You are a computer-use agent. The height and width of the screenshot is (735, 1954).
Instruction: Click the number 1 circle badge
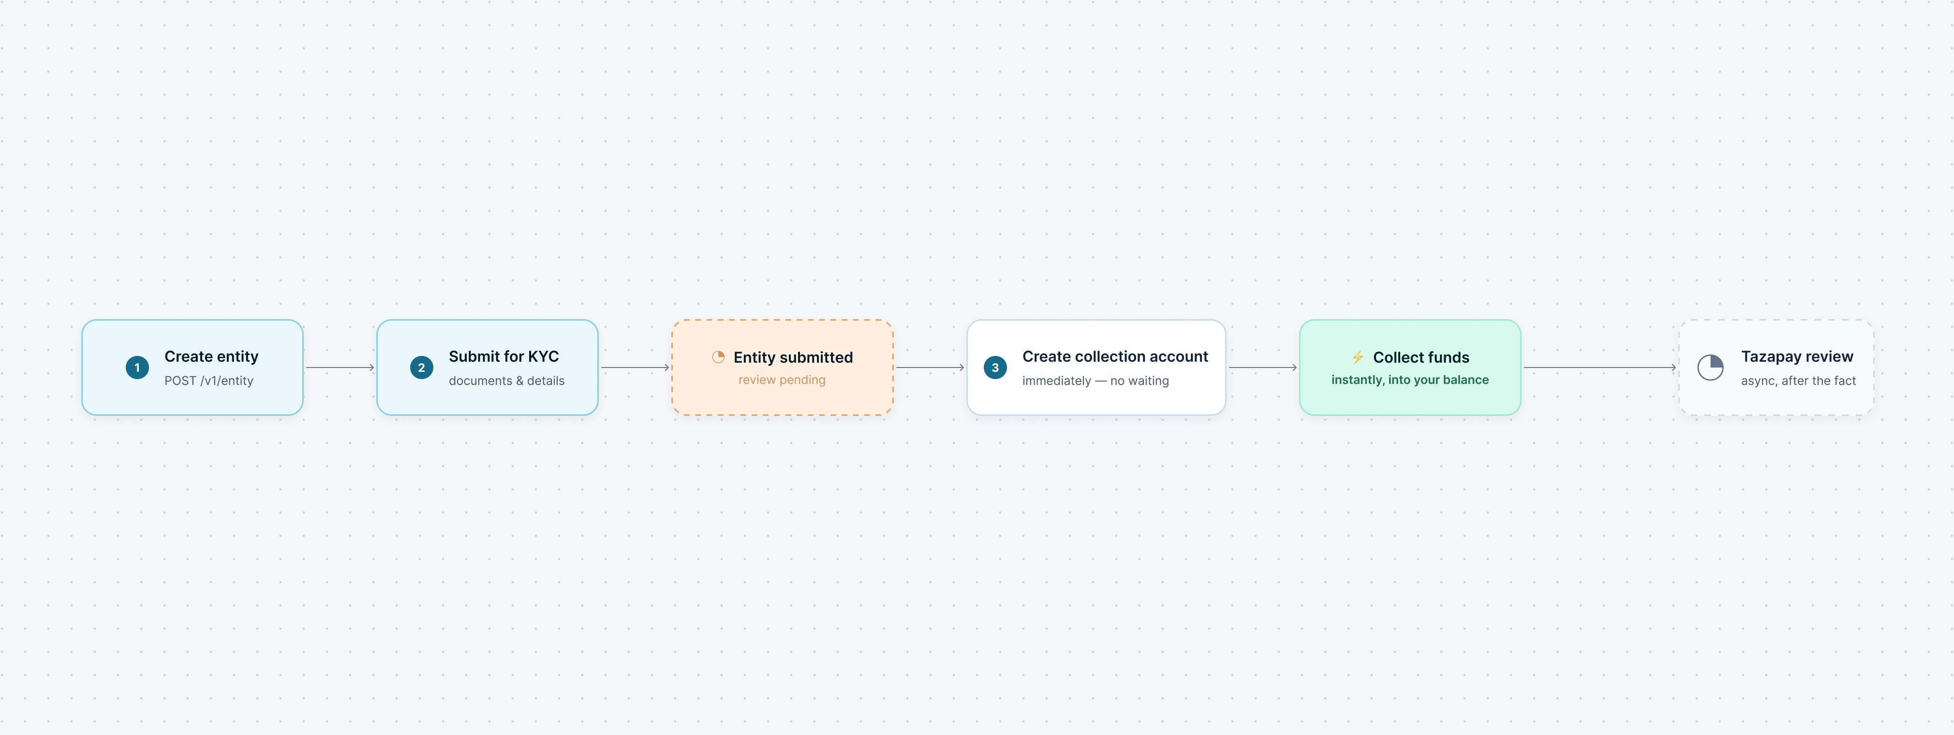coord(137,368)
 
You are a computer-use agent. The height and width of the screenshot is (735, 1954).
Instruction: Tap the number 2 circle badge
coord(422,368)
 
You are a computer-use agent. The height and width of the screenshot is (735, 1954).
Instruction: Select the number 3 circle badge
coord(995,368)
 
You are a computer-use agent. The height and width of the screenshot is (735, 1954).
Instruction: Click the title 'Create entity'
coord(212,356)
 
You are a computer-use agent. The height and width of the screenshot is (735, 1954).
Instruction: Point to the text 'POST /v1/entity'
coord(208,381)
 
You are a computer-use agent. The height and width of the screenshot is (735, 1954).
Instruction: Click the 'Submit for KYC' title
coord(503,356)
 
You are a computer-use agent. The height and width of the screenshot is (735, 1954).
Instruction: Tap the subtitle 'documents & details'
coord(507,381)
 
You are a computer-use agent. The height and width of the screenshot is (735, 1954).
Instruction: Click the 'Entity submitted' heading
coord(793,357)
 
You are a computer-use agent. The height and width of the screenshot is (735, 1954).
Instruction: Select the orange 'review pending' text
coord(782,380)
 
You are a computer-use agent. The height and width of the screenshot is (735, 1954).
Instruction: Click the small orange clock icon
coord(718,357)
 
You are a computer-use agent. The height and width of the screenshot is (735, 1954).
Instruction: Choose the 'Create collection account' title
coord(1115,356)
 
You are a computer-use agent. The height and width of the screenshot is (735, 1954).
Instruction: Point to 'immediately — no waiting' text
coord(1095,381)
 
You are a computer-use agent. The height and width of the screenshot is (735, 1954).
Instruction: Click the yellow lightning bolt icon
coord(1358,357)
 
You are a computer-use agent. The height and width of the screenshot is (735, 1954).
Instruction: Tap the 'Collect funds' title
coord(1421,357)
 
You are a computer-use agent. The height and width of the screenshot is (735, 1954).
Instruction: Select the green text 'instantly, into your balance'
coord(1410,380)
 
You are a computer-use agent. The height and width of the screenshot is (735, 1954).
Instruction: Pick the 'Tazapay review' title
coord(1797,356)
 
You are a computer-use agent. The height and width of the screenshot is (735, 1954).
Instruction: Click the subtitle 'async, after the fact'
coord(1798,381)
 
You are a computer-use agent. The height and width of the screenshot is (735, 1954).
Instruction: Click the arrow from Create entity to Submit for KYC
coord(340,368)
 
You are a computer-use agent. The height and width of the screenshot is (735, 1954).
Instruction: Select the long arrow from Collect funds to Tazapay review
coord(1600,368)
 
